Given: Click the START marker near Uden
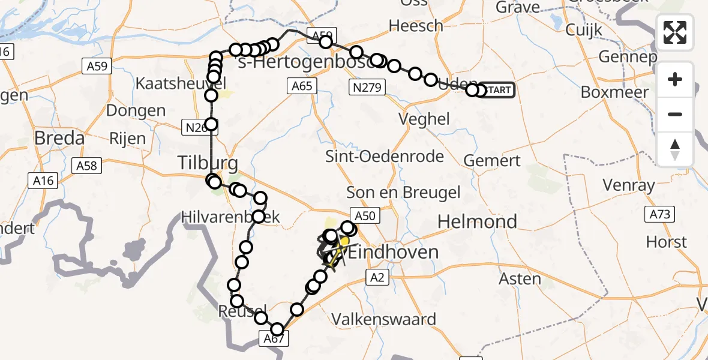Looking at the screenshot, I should (497, 90).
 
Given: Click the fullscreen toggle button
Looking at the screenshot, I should (675, 32).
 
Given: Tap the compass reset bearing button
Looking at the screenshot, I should (675, 149).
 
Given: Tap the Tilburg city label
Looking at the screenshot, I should (207, 162).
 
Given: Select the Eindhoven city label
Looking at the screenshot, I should (393, 251).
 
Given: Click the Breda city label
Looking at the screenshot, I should (59, 138).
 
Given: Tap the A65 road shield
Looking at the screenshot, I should (302, 86).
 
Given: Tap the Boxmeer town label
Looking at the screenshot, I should (614, 92).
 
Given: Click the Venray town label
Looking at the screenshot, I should (629, 185).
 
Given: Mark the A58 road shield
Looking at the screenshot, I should (88, 165).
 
